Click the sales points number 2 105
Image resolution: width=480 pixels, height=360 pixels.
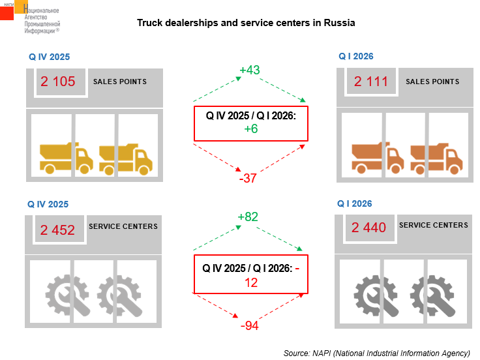click(58, 82)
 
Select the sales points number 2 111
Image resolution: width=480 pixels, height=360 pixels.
click(371, 82)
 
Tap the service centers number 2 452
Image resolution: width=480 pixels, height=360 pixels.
click(57, 230)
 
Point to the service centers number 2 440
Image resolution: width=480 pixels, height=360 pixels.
click(369, 228)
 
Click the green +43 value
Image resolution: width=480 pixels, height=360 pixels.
click(250, 70)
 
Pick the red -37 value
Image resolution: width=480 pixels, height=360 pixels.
click(248, 178)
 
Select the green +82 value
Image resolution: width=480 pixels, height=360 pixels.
click(248, 217)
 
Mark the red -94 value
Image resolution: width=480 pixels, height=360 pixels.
click(250, 325)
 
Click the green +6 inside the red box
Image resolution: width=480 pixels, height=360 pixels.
click(251, 129)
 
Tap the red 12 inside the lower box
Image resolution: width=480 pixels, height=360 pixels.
click(251, 283)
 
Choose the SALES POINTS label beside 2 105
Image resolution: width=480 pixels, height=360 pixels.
click(120, 82)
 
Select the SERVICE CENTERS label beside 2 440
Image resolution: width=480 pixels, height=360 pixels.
click(434, 225)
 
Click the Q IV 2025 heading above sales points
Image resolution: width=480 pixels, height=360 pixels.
click(50, 57)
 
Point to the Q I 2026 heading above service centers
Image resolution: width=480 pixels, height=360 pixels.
click(355, 203)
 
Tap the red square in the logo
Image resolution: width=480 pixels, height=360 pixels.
click(7, 13)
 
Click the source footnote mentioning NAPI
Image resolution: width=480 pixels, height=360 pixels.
click(377, 353)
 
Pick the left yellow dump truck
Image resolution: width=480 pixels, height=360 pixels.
click(67, 158)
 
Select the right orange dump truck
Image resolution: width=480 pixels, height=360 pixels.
click(436, 158)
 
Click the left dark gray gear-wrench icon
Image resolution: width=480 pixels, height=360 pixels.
click(376, 295)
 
